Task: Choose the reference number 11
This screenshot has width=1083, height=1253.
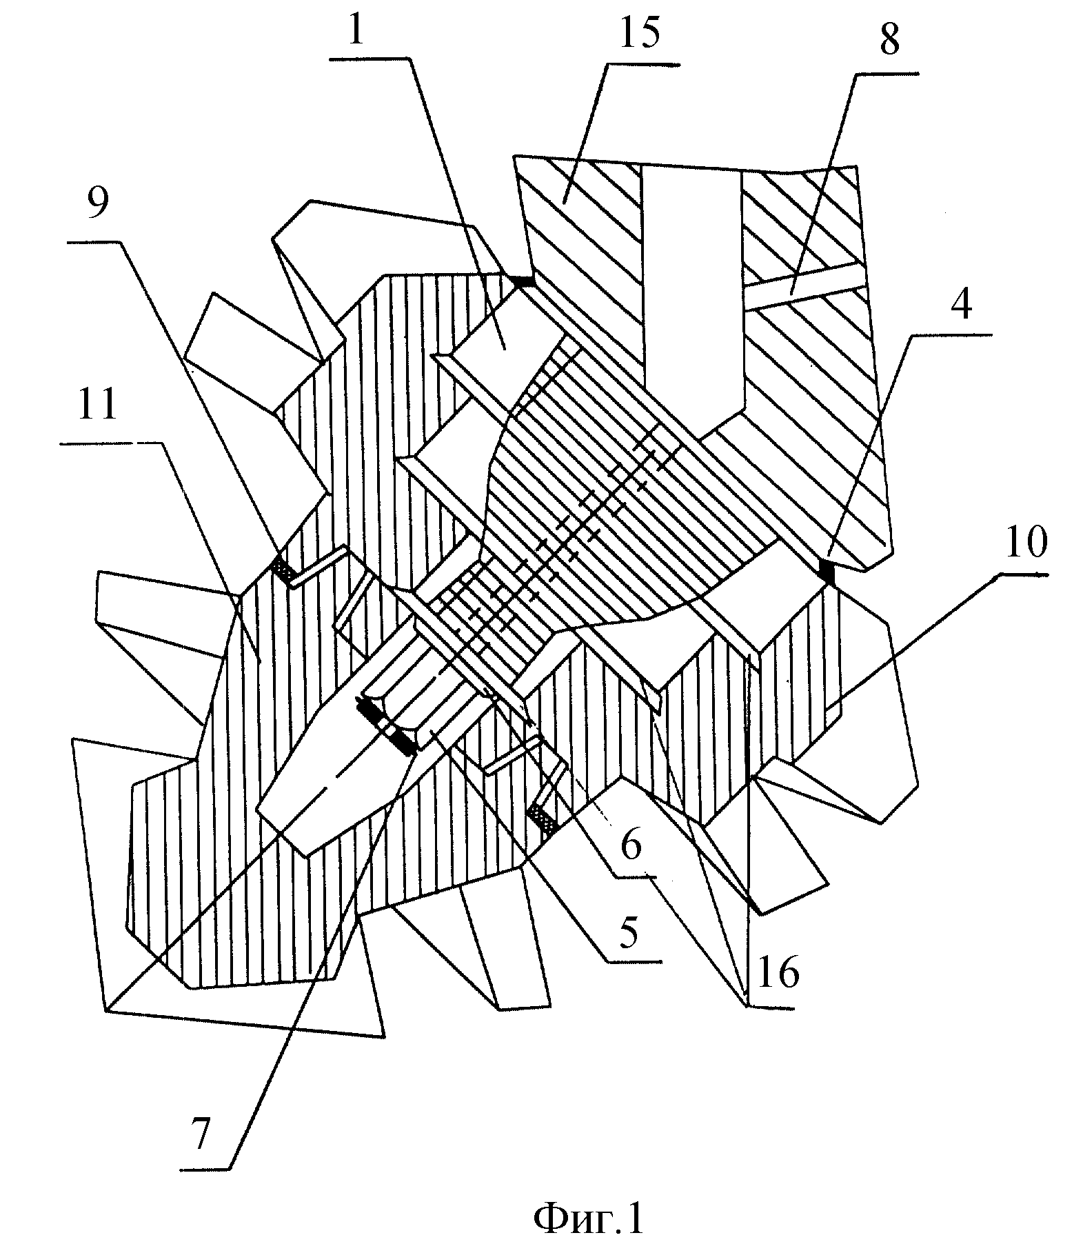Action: pyautogui.click(x=97, y=405)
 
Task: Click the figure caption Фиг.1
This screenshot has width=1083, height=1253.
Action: pyautogui.click(x=588, y=1218)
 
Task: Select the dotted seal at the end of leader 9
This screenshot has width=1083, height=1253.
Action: pyautogui.click(x=283, y=568)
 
